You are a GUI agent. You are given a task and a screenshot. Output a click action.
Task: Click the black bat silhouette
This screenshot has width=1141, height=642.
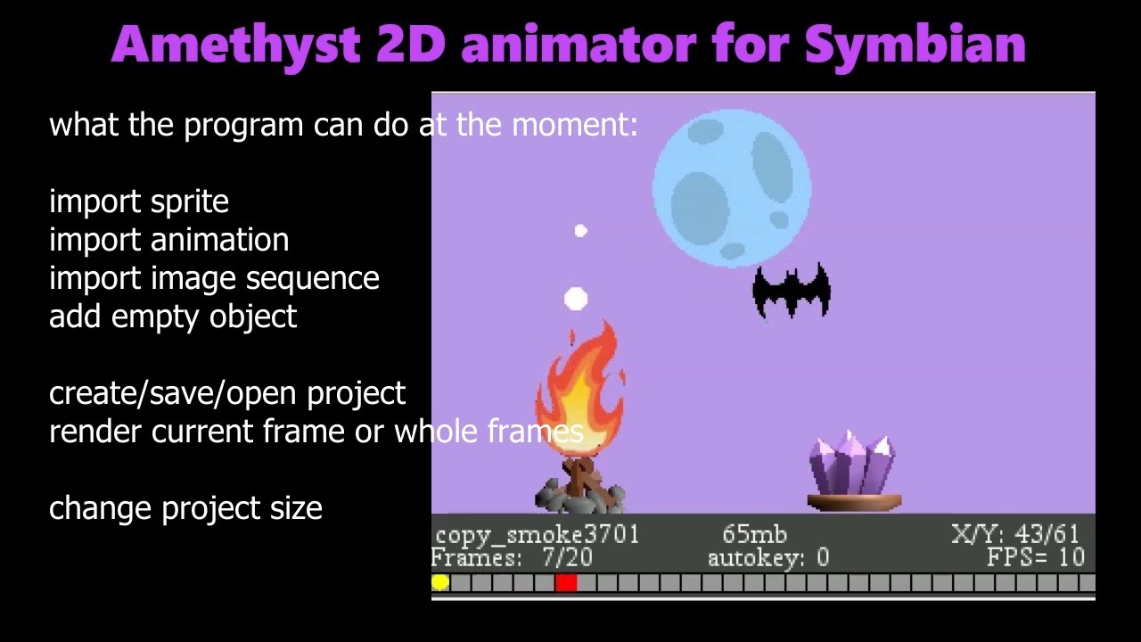coord(792,291)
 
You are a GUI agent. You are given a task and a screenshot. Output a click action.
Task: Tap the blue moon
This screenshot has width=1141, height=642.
coord(732,188)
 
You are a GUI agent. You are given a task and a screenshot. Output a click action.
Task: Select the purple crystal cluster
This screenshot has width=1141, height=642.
coord(852,465)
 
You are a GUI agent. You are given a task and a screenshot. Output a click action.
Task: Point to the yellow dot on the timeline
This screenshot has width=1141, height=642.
coord(440,583)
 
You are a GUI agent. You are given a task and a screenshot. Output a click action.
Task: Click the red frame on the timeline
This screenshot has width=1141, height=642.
coord(566,583)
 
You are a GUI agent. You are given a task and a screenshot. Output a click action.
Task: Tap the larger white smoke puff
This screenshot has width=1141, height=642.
coord(576,299)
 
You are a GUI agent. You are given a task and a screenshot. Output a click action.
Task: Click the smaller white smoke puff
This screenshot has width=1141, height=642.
coord(581,232)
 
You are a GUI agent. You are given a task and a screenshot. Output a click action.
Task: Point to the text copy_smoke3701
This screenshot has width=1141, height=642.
coord(537,535)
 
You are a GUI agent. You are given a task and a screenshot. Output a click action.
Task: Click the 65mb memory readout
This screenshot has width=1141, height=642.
coord(754,535)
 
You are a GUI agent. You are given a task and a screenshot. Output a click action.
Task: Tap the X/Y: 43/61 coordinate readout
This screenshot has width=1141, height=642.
coord(1015,535)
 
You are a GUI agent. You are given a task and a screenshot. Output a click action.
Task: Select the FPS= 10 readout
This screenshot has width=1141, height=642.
coord(1035,559)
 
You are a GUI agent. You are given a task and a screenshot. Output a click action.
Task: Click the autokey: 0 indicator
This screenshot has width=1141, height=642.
coord(768,559)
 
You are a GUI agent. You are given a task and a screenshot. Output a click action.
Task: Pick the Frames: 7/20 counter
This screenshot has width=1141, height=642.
coord(512,559)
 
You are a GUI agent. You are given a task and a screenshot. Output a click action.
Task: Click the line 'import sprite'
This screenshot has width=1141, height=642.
coord(139,202)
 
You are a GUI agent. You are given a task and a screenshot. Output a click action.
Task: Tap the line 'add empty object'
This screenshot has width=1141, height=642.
coord(173,317)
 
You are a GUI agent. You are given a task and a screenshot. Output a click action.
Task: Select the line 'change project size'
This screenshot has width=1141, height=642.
coord(185,508)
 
